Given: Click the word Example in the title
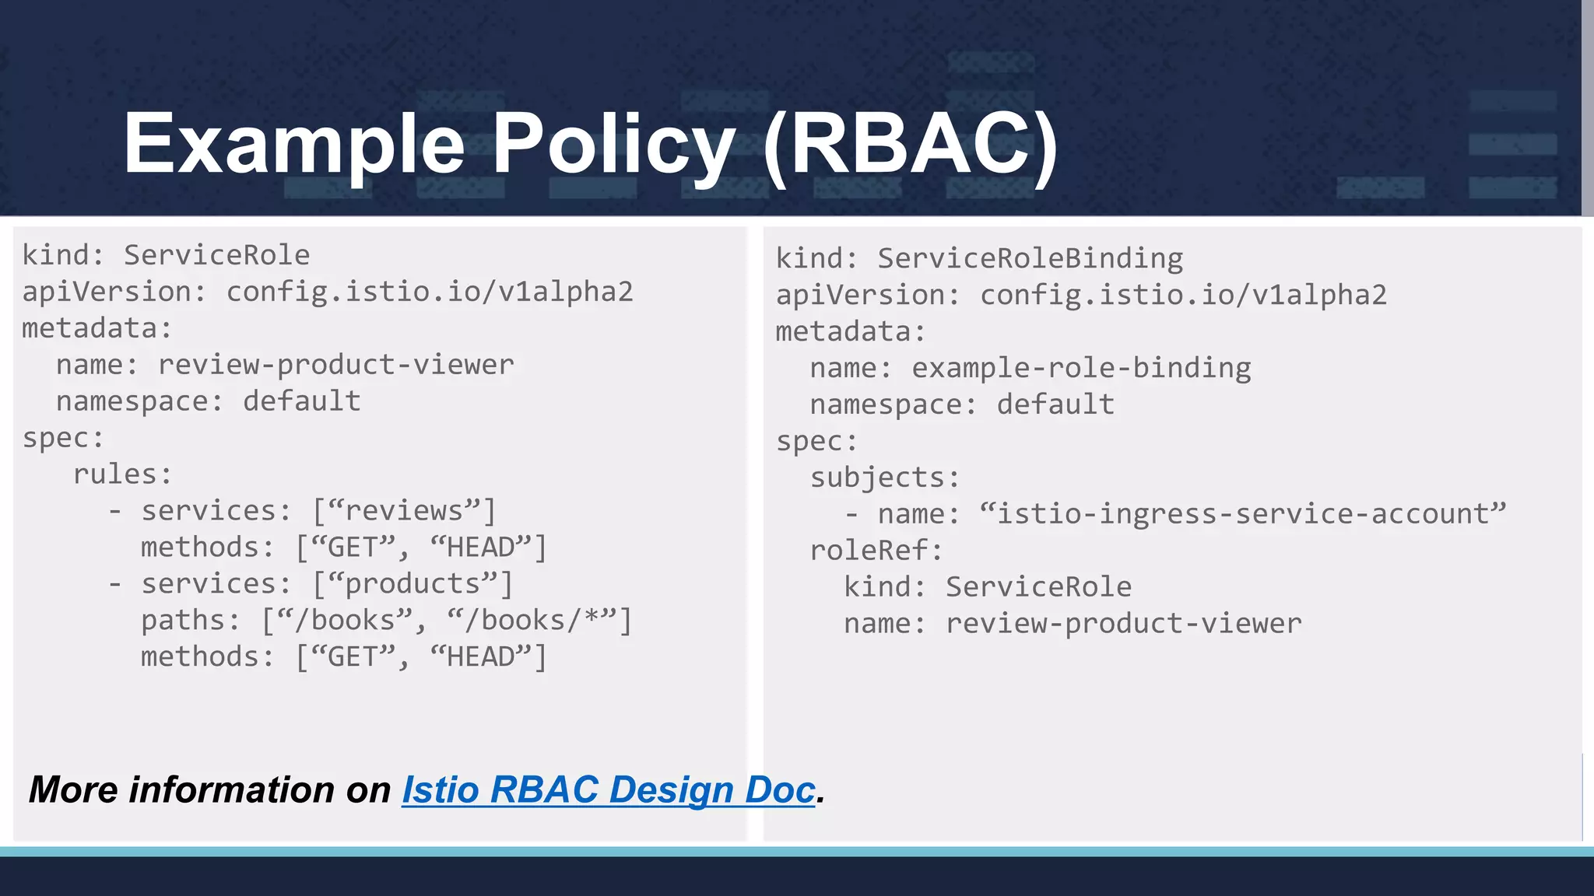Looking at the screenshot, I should pos(294,144).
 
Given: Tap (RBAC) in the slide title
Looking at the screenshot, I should pos(910,144).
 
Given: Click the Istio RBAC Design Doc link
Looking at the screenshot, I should pos(609,790).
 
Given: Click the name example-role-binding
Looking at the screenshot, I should pos(1081,368).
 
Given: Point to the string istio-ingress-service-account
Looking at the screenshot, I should pos(1243,514).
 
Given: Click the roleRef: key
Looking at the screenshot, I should pos(876,551).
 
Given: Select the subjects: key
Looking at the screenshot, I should pos(885,478).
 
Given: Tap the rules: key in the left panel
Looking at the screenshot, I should pos(122,474).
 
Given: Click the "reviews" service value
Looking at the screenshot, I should pos(404,511).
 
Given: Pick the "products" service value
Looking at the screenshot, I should pos(413,584).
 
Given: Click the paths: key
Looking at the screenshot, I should pos(190,621).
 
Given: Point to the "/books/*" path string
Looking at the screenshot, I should pos(531,621).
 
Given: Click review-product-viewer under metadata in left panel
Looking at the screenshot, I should pos(335,365).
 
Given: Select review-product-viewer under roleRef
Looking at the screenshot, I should pos(1123,624).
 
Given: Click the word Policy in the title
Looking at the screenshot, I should pos(614,144).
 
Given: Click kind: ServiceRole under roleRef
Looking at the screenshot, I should pos(988,587).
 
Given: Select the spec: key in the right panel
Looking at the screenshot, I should pos(816,441).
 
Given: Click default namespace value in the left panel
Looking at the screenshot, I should pos(302,401).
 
